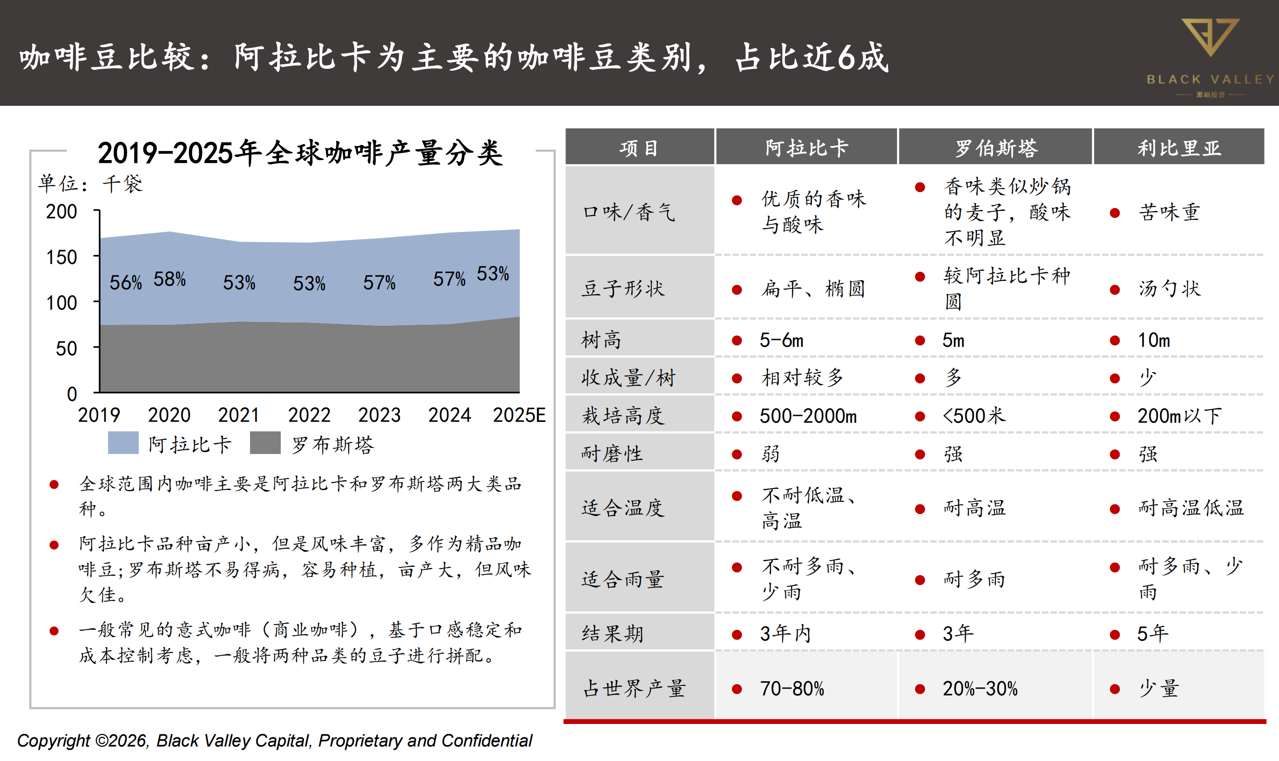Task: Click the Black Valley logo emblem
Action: pos(1210,37)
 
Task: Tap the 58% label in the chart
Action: pos(169,279)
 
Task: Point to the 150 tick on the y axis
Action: pos(62,257)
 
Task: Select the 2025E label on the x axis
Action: pos(519,415)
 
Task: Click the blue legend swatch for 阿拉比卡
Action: pos(123,443)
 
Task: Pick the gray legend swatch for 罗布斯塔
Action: pos(265,443)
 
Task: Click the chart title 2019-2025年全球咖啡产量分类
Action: pos(300,153)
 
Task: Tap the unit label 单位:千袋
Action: pos(90,184)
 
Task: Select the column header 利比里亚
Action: pos(1179,148)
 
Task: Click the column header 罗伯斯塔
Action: pos(996,148)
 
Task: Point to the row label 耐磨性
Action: pos(612,454)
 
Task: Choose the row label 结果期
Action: pos(612,634)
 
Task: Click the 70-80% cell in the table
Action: pos(792,689)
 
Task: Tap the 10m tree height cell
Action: pos(1153,340)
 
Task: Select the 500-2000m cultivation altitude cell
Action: pos(808,416)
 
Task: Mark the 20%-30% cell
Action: pos(980,689)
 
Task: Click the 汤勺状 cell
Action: pos(1169,288)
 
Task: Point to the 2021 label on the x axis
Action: pos(239,415)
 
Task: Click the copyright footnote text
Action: pos(275,741)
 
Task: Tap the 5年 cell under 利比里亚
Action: pos(1152,634)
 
